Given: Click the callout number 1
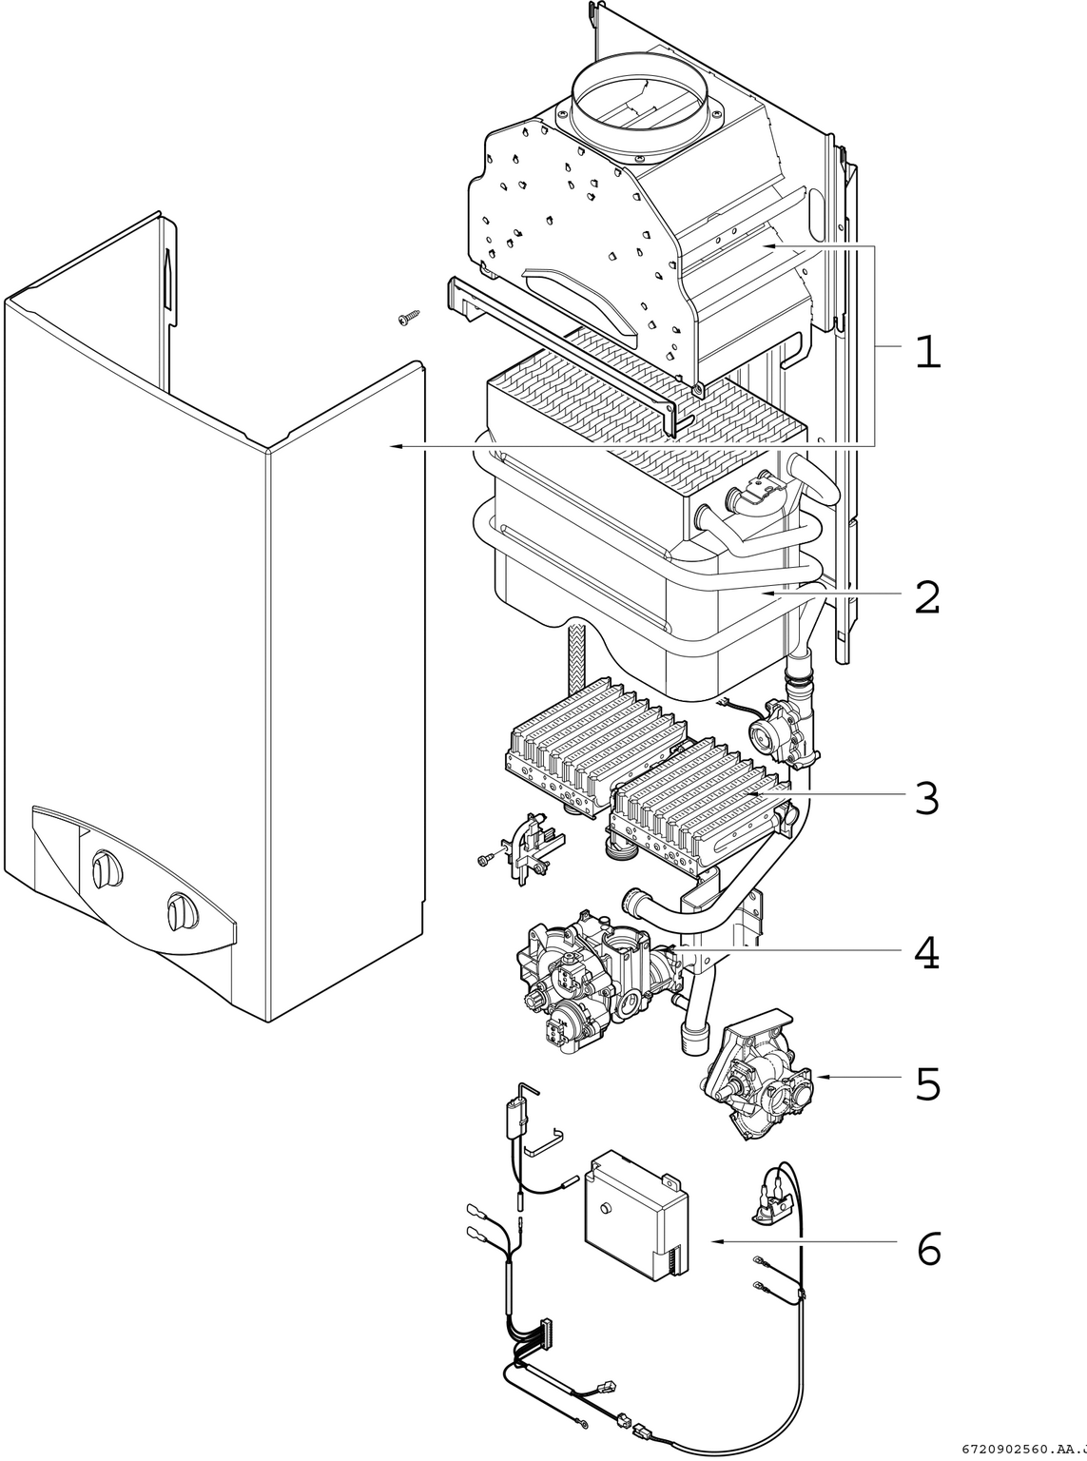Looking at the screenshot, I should click(x=926, y=353).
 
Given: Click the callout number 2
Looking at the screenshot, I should click(x=926, y=596).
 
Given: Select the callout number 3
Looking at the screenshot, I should click(x=926, y=798).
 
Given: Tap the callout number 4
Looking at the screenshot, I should click(x=926, y=953).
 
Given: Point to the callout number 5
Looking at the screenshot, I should click(x=926, y=1084).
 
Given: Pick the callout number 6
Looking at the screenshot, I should click(x=928, y=1248).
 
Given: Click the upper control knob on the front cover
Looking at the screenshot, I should click(x=101, y=867).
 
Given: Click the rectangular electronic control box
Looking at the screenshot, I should click(x=635, y=1217).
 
